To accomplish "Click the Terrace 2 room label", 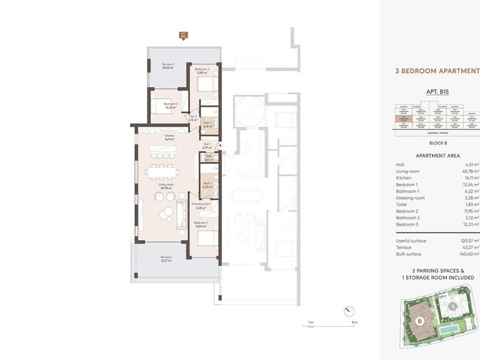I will click(167, 66).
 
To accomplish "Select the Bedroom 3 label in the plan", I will click(171, 105).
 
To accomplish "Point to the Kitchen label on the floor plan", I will click(169, 138).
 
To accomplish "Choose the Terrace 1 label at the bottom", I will click(166, 259).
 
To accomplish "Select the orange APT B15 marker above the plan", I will click(183, 35).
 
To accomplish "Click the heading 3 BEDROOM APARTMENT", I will click(437, 72).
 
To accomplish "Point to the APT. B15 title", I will click(437, 92).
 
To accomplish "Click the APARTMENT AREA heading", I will click(437, 156).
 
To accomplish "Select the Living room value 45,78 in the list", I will click(467, 171).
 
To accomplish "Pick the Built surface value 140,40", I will click(466, 254).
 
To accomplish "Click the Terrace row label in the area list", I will click(404, 247).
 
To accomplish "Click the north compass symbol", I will click(349, 310).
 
